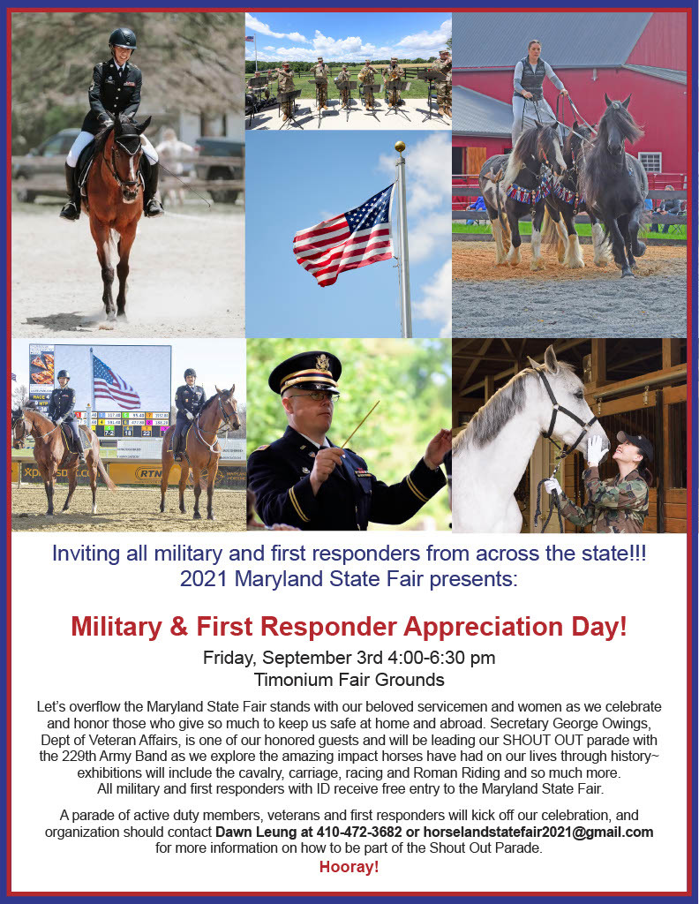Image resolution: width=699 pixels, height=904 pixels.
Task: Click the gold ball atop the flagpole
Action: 400,147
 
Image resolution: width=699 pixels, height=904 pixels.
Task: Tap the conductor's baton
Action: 360,425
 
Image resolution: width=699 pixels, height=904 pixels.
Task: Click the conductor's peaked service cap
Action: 305,373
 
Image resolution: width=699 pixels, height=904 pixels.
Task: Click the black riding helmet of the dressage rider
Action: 123,39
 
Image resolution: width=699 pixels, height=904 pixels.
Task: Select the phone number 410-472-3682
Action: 359,832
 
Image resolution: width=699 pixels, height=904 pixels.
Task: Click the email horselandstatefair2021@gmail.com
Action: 538,832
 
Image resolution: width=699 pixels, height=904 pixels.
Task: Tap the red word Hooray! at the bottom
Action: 349,867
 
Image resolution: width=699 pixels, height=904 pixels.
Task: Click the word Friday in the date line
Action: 229,658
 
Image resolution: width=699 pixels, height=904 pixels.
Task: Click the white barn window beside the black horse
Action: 650,162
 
